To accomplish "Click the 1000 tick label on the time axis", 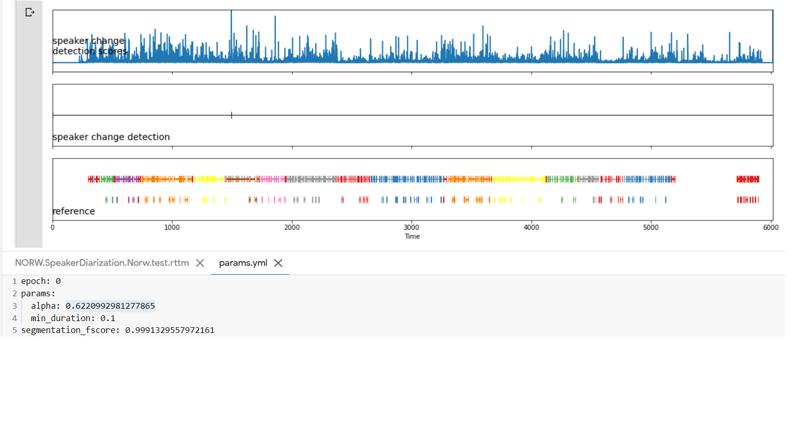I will click(x=172, y=228).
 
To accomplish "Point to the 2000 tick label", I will click(x=292, y=228).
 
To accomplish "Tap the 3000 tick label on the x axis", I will click(x=411, y=228).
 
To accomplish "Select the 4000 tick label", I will click(x=531, y=228).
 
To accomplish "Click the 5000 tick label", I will click(x=651, y=228).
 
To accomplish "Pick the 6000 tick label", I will click(x=770, y=228).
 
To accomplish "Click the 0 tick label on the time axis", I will click(x=53, y=228).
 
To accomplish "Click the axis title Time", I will click(x=412, y=236).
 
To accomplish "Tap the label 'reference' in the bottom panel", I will click(x=74, y=211).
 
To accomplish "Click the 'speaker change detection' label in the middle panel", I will click(x=111, y=137).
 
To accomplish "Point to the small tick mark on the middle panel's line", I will click(x=232, y=115).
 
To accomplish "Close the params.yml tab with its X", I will click(x=278, y=263).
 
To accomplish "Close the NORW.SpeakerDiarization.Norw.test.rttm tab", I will click(x=200, y=263).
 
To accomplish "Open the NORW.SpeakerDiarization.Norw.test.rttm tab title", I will click(x=102, y=263).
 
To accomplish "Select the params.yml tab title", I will click(x=243, y=263).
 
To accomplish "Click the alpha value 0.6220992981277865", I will click(x=110, y=306).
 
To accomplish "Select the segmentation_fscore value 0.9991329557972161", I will click(x=169, y=330).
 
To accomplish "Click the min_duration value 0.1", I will click(x=107, y=318).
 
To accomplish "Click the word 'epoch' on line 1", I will click(x=34, y=281).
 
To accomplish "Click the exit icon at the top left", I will click(x=30, y=12).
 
